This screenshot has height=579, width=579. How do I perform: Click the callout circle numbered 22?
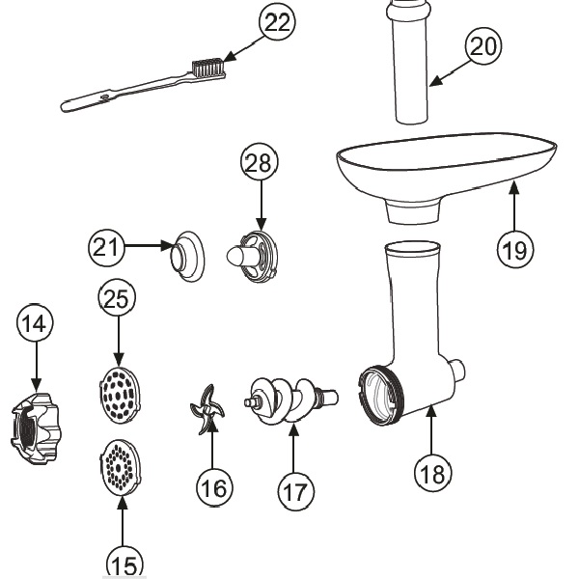(276, 24)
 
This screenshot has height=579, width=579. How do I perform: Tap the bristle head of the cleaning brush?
(209, 68)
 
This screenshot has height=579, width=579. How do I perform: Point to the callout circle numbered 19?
(515, 249)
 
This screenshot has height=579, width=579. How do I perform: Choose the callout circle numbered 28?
(260, 165)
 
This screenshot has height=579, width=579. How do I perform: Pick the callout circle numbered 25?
(118, 300)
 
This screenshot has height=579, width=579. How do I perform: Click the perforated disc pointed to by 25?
(120, 395)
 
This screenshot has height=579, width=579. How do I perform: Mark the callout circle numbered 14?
(35, 324)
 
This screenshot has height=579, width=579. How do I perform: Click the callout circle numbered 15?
(124, 563)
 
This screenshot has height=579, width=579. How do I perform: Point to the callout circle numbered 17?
(296, 490)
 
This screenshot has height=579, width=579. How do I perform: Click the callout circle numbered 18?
(433, 472)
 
